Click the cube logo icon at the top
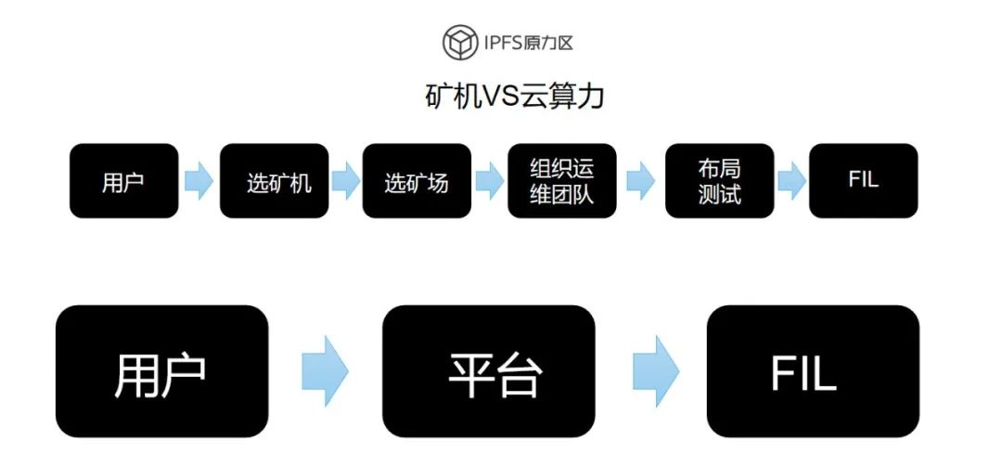(x=461, y=43)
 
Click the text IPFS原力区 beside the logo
(x=529, y=44)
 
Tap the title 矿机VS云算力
(x=514, y=97)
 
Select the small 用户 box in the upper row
(x=124, y=181)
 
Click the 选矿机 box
(x=274, y=181)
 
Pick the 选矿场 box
(x=417, y=181)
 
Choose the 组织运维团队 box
(x=562, y=181)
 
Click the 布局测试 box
(x=720, y=181)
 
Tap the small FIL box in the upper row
(x=864, y=181)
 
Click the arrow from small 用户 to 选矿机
(x=199, y=181)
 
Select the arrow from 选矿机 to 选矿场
(x=346, y=181)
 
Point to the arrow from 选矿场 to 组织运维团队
(x=490, y=181)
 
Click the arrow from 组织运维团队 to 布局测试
(x=640, y=181)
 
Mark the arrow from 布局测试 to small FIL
(x=791, y=181)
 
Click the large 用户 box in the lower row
(x=161, y=371)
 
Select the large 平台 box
(x=489, y=371)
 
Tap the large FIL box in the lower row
(x=813, y=371)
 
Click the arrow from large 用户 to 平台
(x=326, y=370)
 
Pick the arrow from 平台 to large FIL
(x=656, y=370)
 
